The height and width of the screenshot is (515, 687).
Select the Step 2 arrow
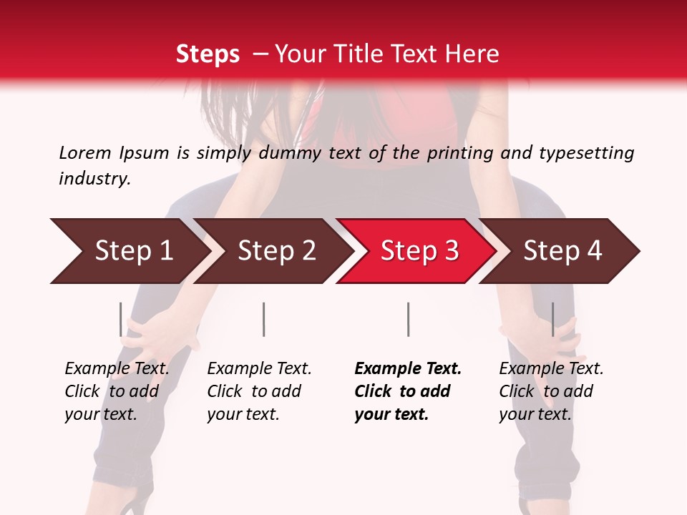tap(276, 251)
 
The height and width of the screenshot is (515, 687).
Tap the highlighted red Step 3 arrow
tap(419, 251)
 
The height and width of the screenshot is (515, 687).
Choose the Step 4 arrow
tap(562, 251)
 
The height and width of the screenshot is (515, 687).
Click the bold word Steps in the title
tap(208, 54)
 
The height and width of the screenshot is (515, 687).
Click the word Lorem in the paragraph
tap(84, 152)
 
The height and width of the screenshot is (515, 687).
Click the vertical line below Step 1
tap(120, 319)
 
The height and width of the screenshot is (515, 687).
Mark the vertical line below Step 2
tap(264, 319)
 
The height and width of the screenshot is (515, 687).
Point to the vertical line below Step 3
tap(408, 319)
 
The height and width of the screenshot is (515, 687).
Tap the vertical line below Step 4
tap(552, 319)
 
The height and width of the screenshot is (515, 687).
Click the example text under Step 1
tap(117, 391)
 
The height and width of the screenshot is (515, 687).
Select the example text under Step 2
tap(259, 391)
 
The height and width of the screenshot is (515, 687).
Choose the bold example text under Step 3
tap(408, 391)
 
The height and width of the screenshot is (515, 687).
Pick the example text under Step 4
tap(551, 391)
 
